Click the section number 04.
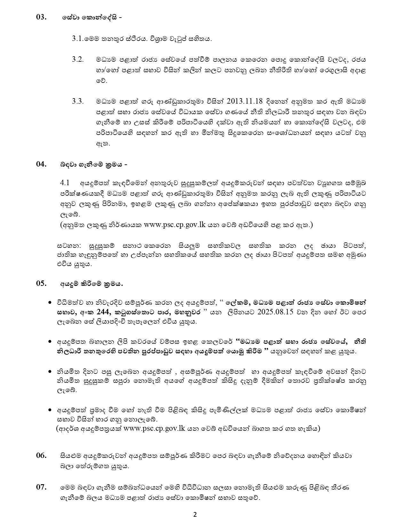point(41,164)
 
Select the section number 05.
point(41,283)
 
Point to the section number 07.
point(41,487)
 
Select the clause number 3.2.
point(77,59)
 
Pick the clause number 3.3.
point(77,101)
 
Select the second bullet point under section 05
point(50,342)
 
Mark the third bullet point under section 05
point(50,372)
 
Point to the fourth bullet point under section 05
point(50,410)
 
